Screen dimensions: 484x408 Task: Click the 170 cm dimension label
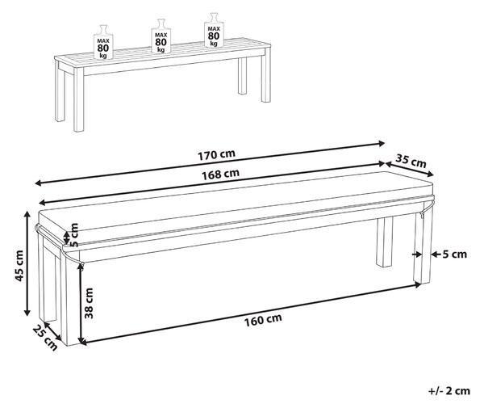[x=216, y=155]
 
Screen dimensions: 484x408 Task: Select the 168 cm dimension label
[x=220, y=175]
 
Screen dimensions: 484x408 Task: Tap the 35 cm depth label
[x=411, y=161]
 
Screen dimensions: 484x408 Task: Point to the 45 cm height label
[x=19, y=266]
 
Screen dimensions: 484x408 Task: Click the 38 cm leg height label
[x=89, y=303]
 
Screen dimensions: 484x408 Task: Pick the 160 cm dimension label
[x=263, y=320]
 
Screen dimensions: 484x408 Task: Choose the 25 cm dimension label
[x=45, y=338]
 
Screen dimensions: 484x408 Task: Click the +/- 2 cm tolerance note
[x=449, y=391]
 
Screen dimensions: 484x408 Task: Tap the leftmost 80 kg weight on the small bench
[x=103, y=42]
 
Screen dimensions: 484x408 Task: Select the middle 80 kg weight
[x=161, y=36]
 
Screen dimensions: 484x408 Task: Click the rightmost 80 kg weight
[x=214, y=30]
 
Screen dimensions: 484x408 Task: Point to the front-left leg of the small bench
[x=79, y=99]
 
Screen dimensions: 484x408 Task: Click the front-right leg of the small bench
[x=265, y=78]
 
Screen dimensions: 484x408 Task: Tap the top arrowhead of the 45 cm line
[x=27, y=215]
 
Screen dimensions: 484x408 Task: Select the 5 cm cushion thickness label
[x=74, y=235]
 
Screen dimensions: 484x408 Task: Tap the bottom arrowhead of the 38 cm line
[x=81, y=340]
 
